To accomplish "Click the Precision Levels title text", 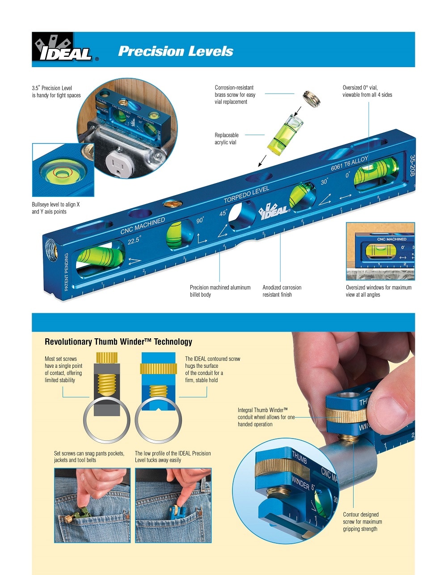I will click(x=175, y=51).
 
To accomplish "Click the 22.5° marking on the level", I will click(x=134, y=241).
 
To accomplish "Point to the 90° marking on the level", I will click(x=199, y=220).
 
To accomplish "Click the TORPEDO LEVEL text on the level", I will click(x=246, y=195).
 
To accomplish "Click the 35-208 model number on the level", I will click(x=412, y=166).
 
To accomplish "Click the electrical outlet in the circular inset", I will click(x=118, y=166).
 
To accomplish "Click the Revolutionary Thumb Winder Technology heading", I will click(x=118, y=342).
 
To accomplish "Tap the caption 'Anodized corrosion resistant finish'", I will click(x=282, y=291).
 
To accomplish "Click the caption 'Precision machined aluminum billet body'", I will click(x=220, y=291).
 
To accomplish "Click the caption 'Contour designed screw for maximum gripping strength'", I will click(x=362, y=522).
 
